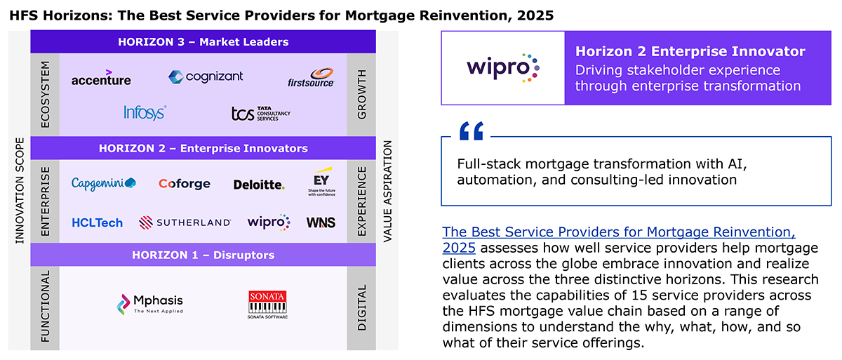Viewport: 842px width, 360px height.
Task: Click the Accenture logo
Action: pos(101,78)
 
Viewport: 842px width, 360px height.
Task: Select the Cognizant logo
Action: pos(206,76)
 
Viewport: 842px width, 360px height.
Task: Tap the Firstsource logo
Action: pos(311,78)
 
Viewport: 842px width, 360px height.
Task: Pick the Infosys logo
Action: pos(145,112)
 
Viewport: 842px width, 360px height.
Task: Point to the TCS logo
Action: pos(261,114)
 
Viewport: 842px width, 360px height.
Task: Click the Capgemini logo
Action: pos(104,183)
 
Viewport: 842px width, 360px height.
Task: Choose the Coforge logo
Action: pos(184,184)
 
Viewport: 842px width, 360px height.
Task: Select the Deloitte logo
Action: pos(259,185)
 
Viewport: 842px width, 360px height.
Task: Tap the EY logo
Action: pos(321,182)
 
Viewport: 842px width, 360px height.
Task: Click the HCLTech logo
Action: pos(98,223)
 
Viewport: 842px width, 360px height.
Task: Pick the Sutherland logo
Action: pos(185,222)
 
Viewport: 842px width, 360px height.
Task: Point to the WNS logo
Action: pos(321,222)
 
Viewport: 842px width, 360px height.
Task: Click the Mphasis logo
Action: pos(150,304)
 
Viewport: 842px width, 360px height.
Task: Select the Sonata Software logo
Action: pos(267,305)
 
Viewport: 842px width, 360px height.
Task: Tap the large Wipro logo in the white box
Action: pos(503,67)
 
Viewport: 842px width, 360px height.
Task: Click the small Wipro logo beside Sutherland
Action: pos(269,222)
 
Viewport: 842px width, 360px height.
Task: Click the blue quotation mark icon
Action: pos(472,131)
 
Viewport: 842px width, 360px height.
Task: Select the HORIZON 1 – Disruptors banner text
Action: pos(203,255)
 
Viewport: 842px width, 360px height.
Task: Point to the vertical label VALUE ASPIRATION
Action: pos(387,192)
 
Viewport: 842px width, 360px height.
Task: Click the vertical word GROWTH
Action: pos(361,94)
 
